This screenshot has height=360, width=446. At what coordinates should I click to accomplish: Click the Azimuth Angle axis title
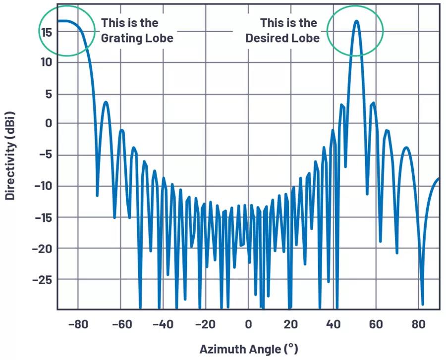tap(249, 349)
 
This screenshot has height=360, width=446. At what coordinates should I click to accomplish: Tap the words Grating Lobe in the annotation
tap(137, 38)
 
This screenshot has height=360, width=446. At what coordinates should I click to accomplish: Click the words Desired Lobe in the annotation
tap(283, 38)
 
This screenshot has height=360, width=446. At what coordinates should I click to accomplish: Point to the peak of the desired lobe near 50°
tap(356, 21)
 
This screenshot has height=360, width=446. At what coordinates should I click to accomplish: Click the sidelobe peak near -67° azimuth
tap(106, 102)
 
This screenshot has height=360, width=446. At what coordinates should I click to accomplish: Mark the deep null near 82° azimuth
tap(423, 304)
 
